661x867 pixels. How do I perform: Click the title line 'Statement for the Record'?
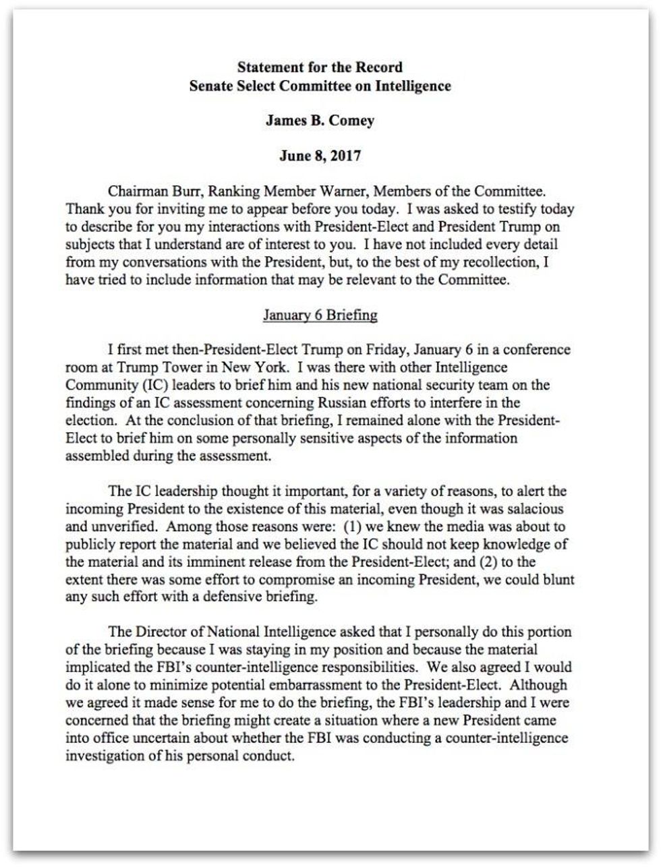click(320, 67)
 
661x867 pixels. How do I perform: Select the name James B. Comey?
click(320, 121)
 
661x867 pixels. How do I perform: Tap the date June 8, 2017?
click(320, 156)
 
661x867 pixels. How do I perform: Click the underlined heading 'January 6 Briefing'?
click(320, 315)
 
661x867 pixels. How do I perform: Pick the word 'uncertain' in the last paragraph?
click(148, 738)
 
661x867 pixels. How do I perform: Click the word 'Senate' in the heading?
click(212, 86)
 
